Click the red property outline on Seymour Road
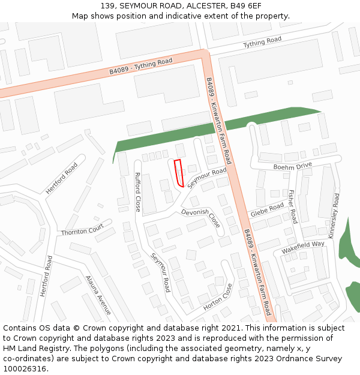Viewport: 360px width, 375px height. [x=178, y=174]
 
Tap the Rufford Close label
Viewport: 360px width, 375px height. [x=137, y=192]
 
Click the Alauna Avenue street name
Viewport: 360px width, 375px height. [x=98, y=295]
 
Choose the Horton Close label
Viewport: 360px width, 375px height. [x=217, y=298]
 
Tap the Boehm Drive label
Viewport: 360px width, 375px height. [x=293, y=166]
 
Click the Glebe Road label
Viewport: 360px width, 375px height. [x=267, y=210]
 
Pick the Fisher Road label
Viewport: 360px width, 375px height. [x=292, y=207]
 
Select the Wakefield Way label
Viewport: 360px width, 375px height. [x=302, y=247]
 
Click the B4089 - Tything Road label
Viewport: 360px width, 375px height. [x=140, y=66]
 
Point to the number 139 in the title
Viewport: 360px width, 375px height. [x=108, y=5]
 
